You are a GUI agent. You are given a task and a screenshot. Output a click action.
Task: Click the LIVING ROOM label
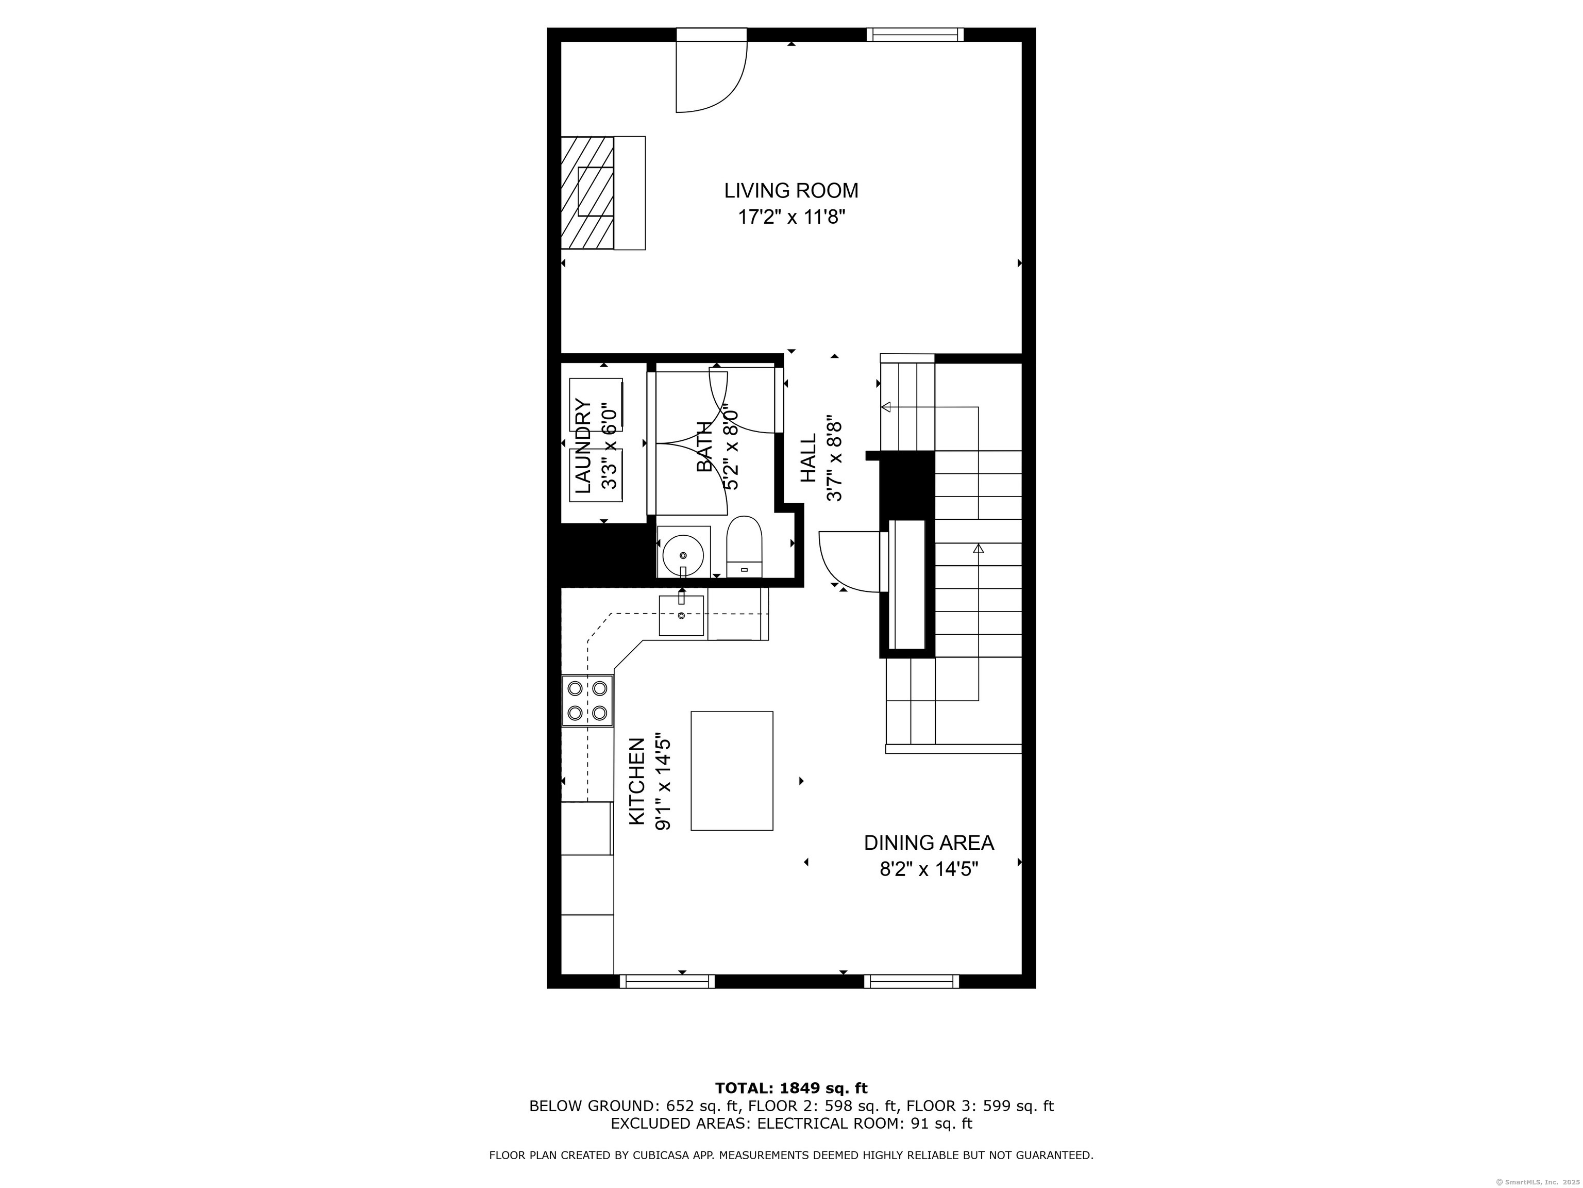[791, 190]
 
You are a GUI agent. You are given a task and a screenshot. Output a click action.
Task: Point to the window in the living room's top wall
[915, 35]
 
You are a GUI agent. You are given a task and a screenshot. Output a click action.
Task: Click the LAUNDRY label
[584, 446]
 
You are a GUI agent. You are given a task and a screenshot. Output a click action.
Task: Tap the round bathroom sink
[683, 554]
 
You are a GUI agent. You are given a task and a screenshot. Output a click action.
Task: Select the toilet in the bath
[744, 548]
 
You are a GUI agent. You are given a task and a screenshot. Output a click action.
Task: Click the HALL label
[808, 458]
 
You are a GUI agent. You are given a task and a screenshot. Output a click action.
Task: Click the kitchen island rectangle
[731, 770]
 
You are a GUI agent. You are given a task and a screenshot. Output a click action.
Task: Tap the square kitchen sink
[681, 615]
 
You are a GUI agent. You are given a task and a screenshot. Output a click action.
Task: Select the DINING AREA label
[928, 843]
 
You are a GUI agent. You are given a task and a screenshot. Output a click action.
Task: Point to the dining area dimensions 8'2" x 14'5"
[928, 869]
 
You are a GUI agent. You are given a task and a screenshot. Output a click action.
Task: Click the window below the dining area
[911, 981]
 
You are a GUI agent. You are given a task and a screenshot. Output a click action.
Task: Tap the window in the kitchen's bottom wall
[666, 981]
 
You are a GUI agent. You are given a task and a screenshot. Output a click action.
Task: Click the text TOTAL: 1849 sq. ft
[791, 1088]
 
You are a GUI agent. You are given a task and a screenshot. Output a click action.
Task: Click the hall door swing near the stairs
[848, 562]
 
